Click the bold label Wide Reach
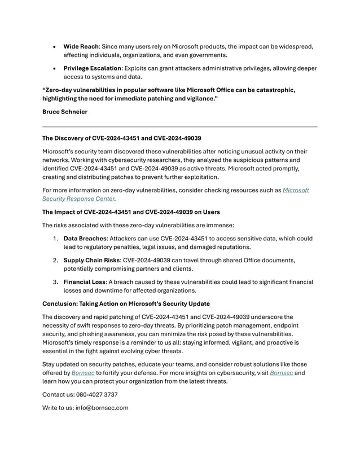[81, 46]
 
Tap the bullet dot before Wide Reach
[54, 46]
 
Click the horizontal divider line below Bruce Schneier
[180, 127]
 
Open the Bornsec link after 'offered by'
[84, 373]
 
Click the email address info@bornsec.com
[104, 407]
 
